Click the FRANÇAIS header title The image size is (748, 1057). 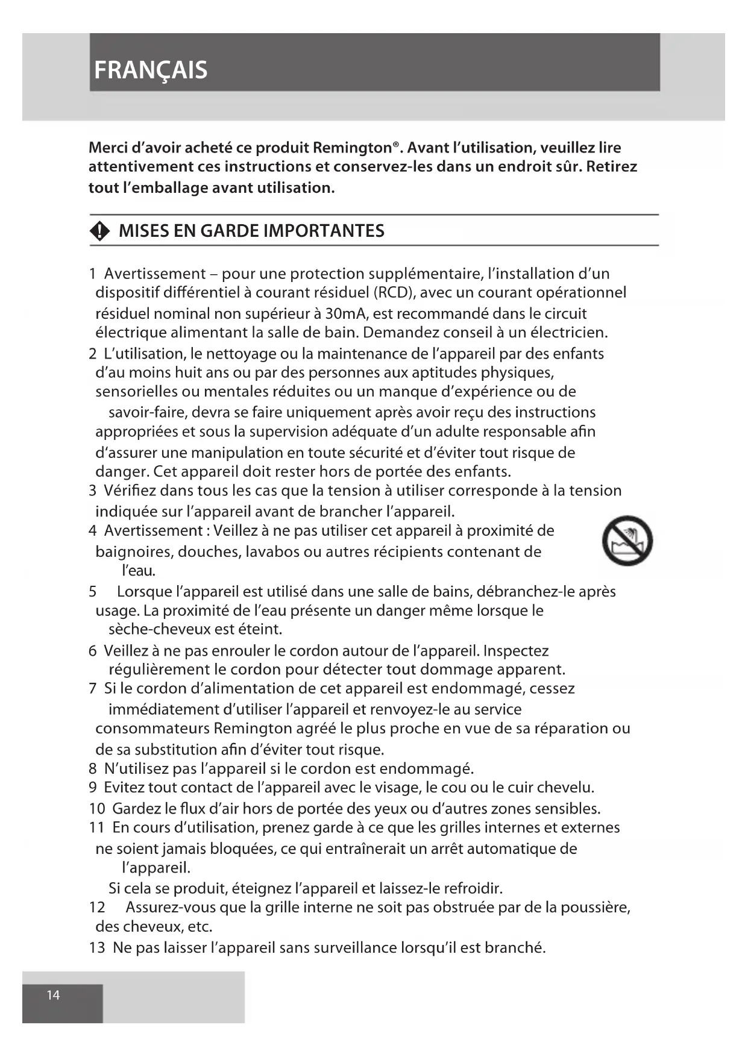pyautogui.click(x=151, y=71)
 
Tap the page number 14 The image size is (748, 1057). pyautogui.click(x=54, y=995)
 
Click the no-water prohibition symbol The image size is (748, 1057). pyautogui.click(x=627, y=541)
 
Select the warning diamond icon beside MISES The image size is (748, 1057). pyautogui.click(x=99, y=231)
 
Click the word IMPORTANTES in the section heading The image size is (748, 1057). pyautogui.click(x=324, y=231)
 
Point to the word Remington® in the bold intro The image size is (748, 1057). pyautogui.click(x=359, y=148)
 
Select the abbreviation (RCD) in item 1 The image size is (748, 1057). pyautogui.click(x=392, y=293)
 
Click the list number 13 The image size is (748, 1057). pyautogui.click(x=97, y=948)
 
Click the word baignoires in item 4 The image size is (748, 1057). pyautogui.click(x=134, y=552)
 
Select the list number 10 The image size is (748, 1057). pyautogui.click(x=97, y=809)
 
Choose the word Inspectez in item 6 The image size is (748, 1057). pyautogui.click(x=516, y=651)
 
